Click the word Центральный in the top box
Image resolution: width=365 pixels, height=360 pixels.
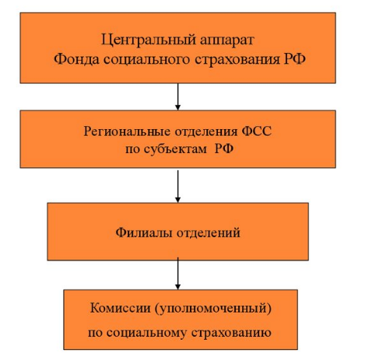pyautogui.click(x=149, y=40)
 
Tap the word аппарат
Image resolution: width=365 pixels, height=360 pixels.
pyautogui.click(x=227, y=41)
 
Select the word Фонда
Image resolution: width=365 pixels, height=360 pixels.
pyautogui.click(x=76, y=59)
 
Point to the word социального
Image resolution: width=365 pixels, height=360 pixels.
pyautogui.click(x=147, y=60)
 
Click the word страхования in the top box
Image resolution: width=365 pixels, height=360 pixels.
pyautogui.click(x=237, y=60)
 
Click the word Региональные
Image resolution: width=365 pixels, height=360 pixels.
pyautogui.click(x=127, y=131)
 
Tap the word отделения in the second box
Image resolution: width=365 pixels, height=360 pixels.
pyautogui.click(x=206, y=131)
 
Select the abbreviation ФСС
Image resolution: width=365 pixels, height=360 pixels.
pyautogui.click(x=257, y=131)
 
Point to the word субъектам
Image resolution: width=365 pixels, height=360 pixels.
pyautogui.click(x=175, y=149)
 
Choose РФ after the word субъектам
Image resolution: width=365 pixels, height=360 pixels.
pyautogui.click(x=224, y=149)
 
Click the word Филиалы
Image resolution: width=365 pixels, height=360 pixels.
pyautogui.click(x=144, y=232)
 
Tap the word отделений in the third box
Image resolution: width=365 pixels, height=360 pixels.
pyautogui.click(x=209, y=233)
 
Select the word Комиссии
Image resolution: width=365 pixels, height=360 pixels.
pyautogui.click(x=121, y=308)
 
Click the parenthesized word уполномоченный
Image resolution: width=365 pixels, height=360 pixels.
pyautogui.click(x=213, y=309)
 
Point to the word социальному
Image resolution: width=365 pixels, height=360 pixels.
pyautogui.click(x=146, y=333)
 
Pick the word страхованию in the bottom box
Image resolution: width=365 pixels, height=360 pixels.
pyautogui.click(x=231, y=333)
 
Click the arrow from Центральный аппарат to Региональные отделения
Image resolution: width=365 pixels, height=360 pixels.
pyautogui.click(x=177, y=96)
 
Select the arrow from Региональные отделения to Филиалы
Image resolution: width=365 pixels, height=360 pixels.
pyautogui.click(x=177, y=187)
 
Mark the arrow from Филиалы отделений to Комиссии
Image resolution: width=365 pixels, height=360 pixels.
pyautogui.click(x=177, y=274)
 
